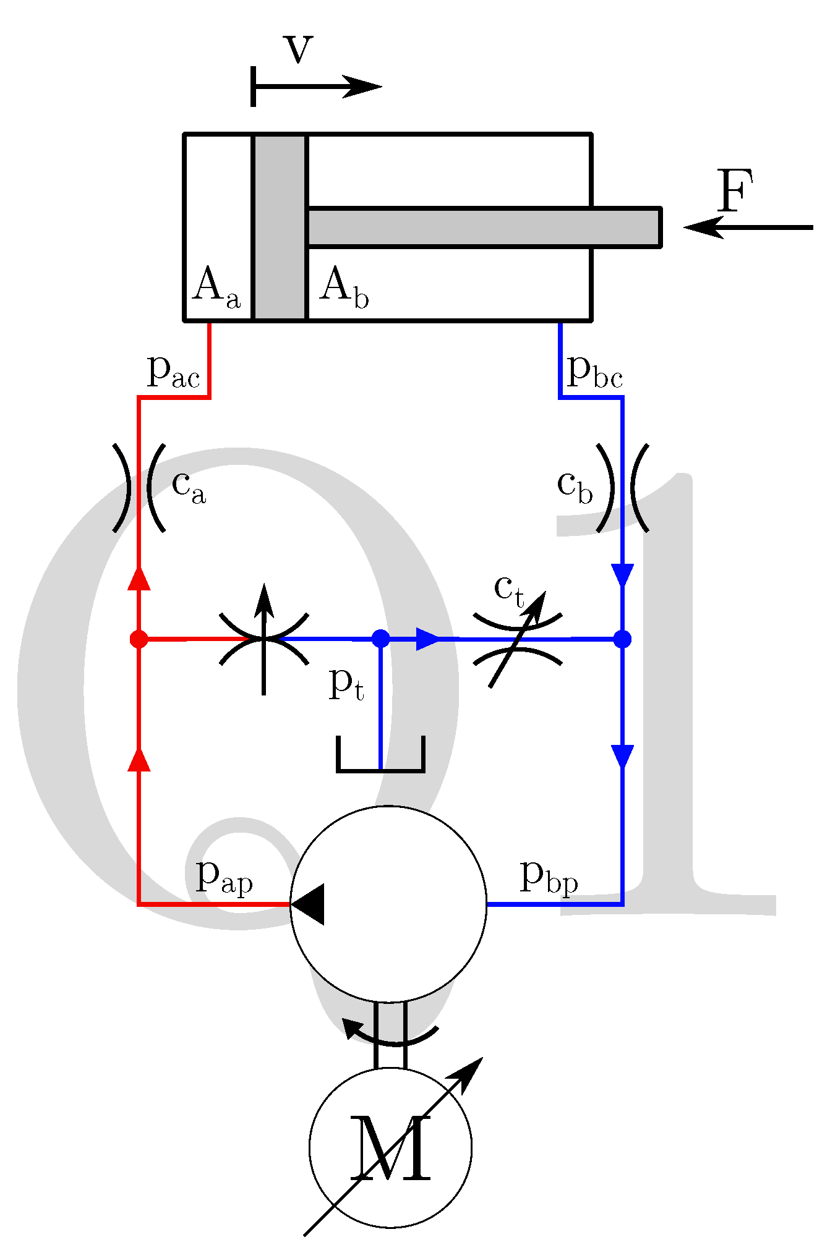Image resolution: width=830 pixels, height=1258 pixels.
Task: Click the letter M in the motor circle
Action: [390, 1149]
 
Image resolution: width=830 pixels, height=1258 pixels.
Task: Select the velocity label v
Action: [299, 49]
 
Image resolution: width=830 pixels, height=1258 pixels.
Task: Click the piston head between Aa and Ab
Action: [280, 227]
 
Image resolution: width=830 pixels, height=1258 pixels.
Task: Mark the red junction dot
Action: [139, 639]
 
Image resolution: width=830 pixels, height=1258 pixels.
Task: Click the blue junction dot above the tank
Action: [381, 639]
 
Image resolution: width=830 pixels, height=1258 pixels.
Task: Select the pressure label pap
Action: [223, 877]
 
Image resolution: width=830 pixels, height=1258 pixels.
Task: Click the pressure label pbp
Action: [549, 877]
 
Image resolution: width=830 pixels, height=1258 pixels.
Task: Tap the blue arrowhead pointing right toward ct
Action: [427, 639]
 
